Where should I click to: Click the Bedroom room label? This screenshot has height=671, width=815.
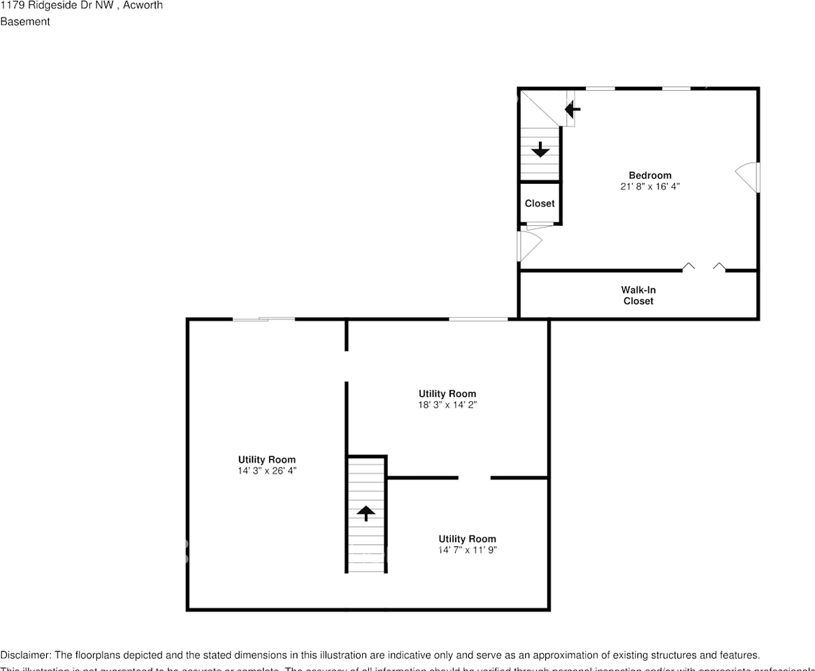tap(649, 175)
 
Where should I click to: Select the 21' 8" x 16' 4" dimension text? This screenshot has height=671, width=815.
tap(649, 187)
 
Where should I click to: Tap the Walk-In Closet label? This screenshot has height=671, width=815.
tap(638, 296)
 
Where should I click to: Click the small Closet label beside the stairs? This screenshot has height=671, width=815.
tap(540, 203)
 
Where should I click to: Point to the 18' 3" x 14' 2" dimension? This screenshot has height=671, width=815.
tap(447, 405)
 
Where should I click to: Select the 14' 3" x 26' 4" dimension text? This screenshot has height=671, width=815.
tap(266, 471)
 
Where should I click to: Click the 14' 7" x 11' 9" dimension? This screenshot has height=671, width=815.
tap(467, 550)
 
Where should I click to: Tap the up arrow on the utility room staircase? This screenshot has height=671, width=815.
tap(366, 514)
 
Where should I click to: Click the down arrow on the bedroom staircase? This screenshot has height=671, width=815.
tap(540, 149)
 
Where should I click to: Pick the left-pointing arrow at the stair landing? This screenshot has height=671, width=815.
tap(573, 109)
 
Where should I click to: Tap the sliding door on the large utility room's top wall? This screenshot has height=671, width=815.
tap(264, 319)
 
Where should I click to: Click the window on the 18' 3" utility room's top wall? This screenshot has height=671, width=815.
tap(478, 319)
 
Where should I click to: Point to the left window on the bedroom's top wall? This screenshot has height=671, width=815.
tap(600, 88)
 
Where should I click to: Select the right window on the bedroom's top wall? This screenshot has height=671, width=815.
tap(676, 88)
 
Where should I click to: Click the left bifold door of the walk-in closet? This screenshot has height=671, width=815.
tap(688, 266)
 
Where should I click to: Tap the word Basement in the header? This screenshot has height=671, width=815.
tap(25, 22)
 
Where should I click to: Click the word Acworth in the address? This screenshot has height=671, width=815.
tap(143, 6)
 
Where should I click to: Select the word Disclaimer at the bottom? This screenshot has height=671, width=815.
tap(25, 656)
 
